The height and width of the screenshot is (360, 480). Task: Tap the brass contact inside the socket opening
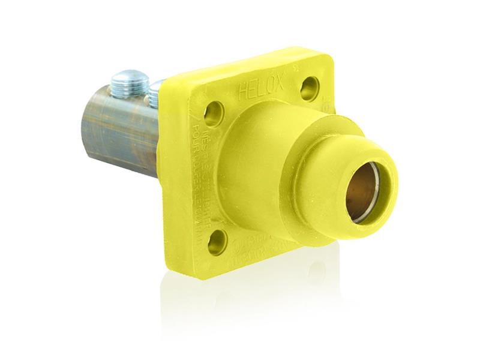(365, 192)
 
